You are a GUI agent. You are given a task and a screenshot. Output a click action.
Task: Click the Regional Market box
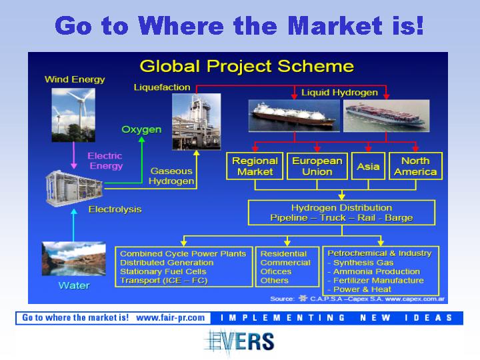pyautogui.click(x=255, y=166)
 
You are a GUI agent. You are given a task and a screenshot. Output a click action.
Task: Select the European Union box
pyautogui.click(x=317, y=166)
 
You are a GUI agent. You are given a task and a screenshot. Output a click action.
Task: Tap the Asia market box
pyautogui.click(x=368, y=166)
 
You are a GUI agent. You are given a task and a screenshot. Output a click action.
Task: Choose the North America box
pyautogui.click(x=415, y=166)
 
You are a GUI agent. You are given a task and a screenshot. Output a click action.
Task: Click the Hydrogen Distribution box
pyautogui.click(x=341, y=213)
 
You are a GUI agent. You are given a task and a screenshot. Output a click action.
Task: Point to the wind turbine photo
pyautogui.click(x=73, y=115)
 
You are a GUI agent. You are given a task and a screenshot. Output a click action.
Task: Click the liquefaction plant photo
pyautogui.click(x=196, y=121)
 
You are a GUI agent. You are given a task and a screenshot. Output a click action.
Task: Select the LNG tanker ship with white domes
pyautogui.click(x=294, y=116)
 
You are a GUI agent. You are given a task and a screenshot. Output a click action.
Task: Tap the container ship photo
pyautogui.click(x=386, y=116)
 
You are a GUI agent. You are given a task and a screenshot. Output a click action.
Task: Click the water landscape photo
pyautogui.click(x=74, y=259)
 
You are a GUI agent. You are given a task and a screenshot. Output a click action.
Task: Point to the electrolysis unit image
pyautogui.click(x=74, y=189)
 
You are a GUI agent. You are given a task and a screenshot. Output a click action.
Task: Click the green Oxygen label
pyautogui.click(x=141, y=129)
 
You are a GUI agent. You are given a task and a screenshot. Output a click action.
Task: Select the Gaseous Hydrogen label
pyautogui.click(x=171, y=176)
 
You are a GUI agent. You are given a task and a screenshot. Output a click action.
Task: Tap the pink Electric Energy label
pyautogui.click(x=105, y=161)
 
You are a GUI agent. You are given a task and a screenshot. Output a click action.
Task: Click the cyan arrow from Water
pyautogui.click(x=73, y=225)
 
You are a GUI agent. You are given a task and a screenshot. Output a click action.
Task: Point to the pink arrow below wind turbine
pyautogui.click(x=73, y=155)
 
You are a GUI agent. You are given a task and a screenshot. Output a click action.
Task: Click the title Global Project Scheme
pyautogui.click(x=247, y=66)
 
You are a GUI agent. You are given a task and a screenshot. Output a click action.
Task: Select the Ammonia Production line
pyautogui.click(x=374, y=271)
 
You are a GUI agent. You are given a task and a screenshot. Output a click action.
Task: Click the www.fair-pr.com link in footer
pyautogui.click(x=171, y=318)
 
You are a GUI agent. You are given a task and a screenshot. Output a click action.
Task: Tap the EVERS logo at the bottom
pyautogui.click(x=240, y=341)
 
